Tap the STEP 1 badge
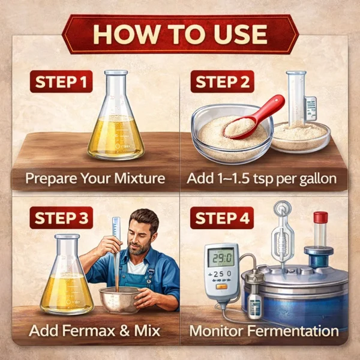[x=62, y=81]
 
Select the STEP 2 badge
[x=221, y=81]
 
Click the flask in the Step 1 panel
[x=116, y=123]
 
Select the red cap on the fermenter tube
[x=320, y=217]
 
